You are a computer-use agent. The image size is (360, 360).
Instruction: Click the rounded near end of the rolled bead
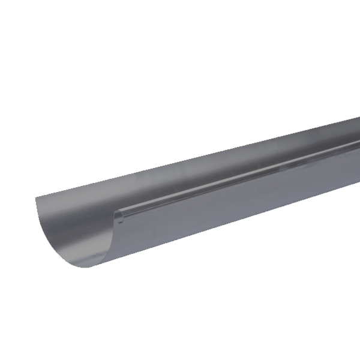[x=118, y=215]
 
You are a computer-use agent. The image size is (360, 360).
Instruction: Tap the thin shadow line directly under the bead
[x=240, y=185]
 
